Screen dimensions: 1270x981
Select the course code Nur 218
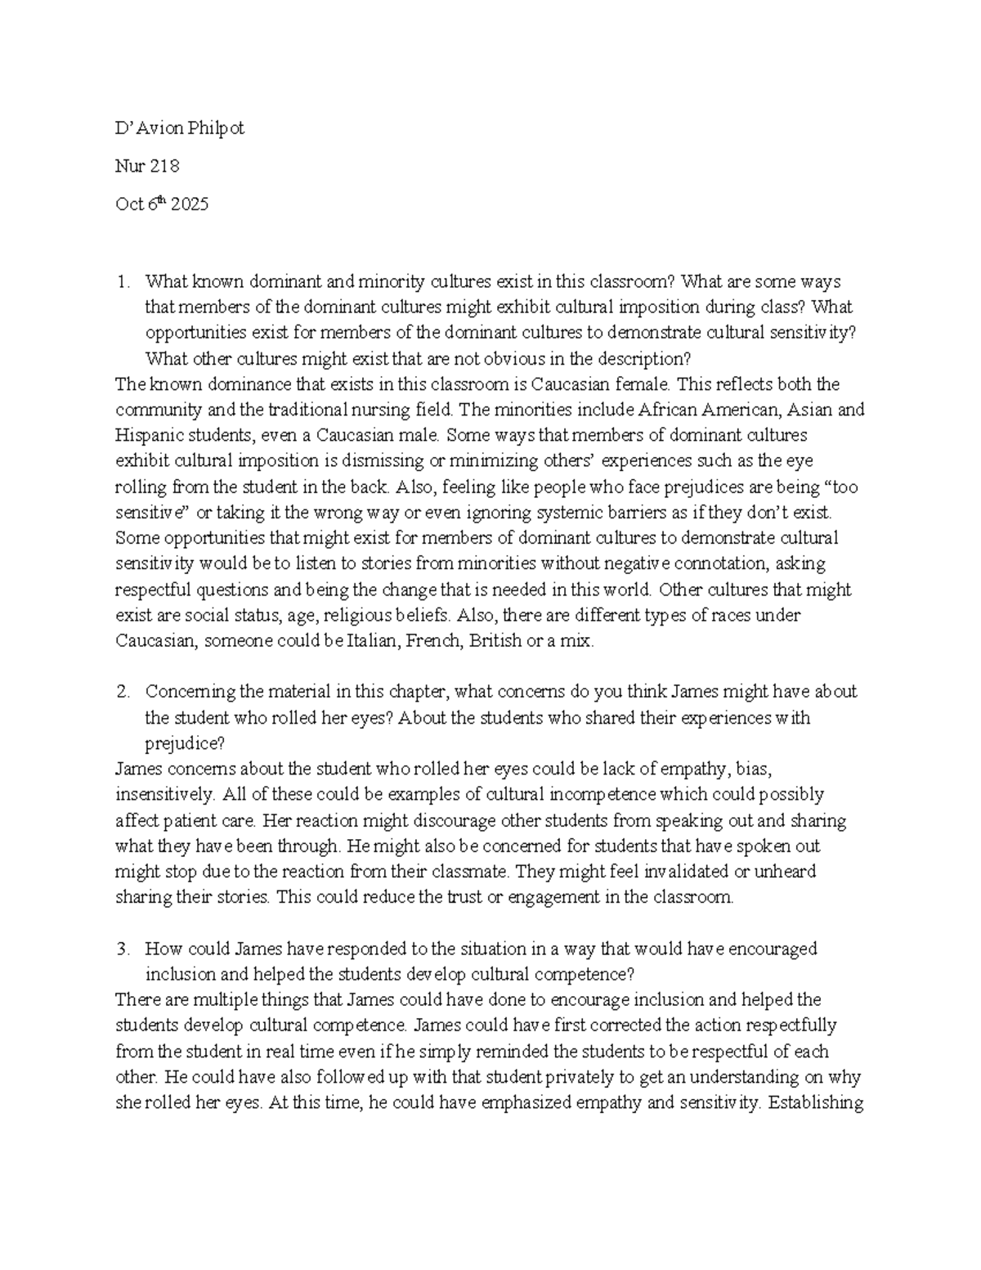(147, 166)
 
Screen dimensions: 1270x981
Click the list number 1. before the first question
(123, 282)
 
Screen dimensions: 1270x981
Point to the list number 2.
(123, 692)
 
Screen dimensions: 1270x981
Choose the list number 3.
(123, 949)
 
